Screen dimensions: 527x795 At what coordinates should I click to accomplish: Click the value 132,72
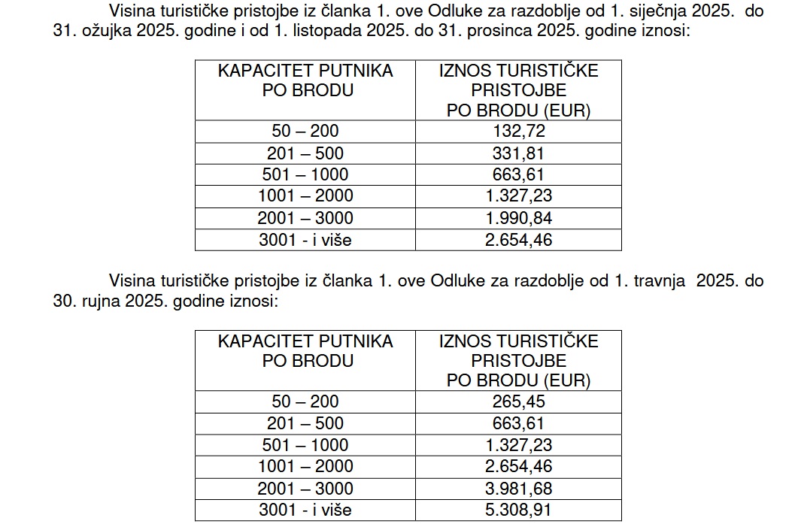coord(518,132)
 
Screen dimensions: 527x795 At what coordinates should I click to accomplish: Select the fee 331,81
coord(518,153)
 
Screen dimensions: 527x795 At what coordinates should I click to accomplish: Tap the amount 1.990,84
coord(518,219)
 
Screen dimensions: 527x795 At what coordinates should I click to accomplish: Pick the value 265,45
coord(518,401)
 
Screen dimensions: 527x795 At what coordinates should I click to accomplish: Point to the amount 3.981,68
coord(518,489)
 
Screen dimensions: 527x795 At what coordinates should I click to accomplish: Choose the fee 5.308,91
coord(518,510)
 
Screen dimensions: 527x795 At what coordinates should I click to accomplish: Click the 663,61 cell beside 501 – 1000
coord(518,175)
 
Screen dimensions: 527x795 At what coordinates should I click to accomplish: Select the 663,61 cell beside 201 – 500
coord(518,423)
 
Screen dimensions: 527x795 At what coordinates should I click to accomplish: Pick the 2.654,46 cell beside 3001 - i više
coord(518,241)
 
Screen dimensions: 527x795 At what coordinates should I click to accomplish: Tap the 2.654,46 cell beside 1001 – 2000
coord(518,467)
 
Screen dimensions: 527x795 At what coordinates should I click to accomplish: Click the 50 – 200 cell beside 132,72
coord(305,132)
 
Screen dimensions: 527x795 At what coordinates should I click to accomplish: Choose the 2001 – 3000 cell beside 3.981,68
coord(305,489)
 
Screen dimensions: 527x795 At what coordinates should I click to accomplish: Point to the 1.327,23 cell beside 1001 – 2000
coord(518,197)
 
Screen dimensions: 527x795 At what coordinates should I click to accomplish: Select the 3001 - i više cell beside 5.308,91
coord(305,510)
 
